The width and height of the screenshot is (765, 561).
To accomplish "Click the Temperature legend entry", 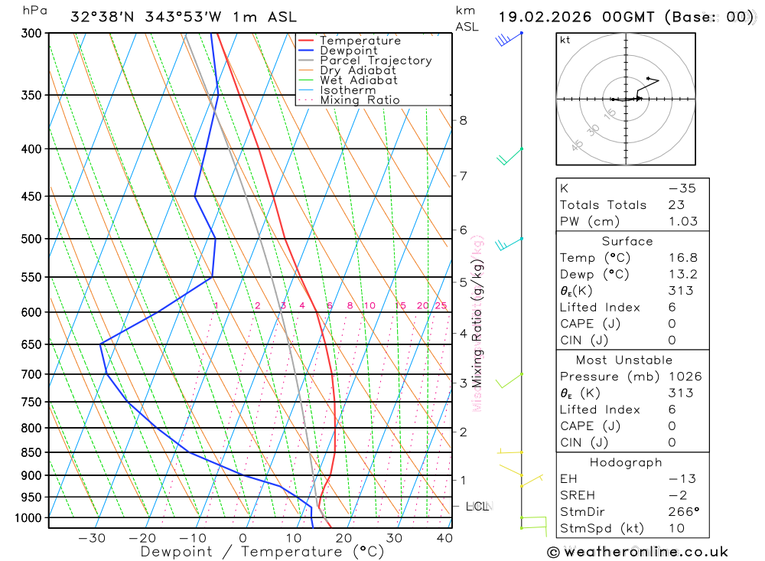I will pyautogui.click(x=360, y=41).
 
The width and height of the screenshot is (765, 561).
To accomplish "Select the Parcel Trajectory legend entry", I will pyautogui.click(x=376, y=60).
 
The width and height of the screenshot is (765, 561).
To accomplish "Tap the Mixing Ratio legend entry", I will pyautogui.click(x=360, y=100).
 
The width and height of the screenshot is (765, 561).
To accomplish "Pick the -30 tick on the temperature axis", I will pyautogui.click(x=92, y=538).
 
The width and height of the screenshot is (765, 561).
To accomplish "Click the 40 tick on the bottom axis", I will pyautogui.click(x=444, y=538).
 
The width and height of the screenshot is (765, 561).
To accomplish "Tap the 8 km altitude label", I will pyautogui.click(x=464, y=120).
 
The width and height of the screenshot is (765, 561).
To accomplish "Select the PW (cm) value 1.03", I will pyautogui.click(x=682, y=221).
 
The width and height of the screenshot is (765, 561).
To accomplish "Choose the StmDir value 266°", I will pyautogui.click(x=682, y=511).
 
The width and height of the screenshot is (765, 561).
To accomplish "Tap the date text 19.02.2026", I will pyautogui.click(x=542, y=17).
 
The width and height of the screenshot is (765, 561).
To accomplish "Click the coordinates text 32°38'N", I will pyautogui.click(x=100, y=17).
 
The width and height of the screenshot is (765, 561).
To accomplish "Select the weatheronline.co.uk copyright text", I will pyautogui.click(x=638, y=552).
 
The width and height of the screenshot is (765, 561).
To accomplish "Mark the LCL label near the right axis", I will pyautogui.click(x=477, y=506).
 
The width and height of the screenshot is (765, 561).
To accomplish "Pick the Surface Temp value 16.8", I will pyautogui.click(x=682, y=258).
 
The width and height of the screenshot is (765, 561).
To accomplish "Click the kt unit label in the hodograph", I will pyautogui.click(x=565, y=40).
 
